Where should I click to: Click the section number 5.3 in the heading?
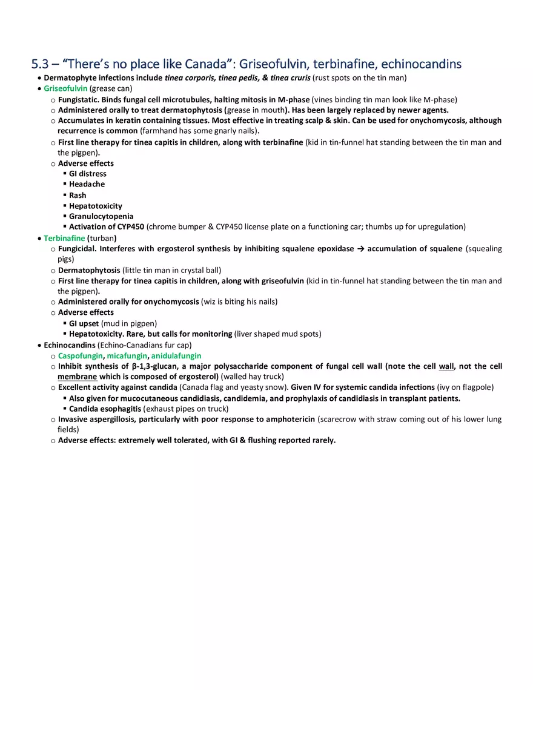pyautogui.click(x=41, y=64)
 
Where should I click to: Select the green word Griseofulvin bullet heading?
pyautogui.click(x=65, y=88)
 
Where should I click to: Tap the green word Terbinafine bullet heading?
pyautogui.click(x=64, y=238)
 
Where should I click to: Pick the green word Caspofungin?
pyautogui.click(x=81, y=356)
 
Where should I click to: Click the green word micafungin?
pyautogui.click(x=127, y=356)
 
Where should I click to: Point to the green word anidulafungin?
pyautogui.click(x=176, y=356)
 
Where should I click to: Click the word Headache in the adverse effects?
pyautogui.click(x=87, y=184)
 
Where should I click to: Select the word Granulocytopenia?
pyautogui.click(x=101, y=216)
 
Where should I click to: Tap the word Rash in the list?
pyautogui.click(x=78, y=195)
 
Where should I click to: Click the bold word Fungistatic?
pyautogui.click(x=78, y=99)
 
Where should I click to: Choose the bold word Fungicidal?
pyautogui.click(x=77, y=249)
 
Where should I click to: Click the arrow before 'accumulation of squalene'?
pyautogui.click(x=360, y=249)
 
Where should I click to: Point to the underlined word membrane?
pyautogui.click(x=78, y=377)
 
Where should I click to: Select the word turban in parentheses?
pyautogui.click(x=102, y=238)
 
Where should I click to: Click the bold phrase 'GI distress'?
pyautogui.click(x=88, y=174)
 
